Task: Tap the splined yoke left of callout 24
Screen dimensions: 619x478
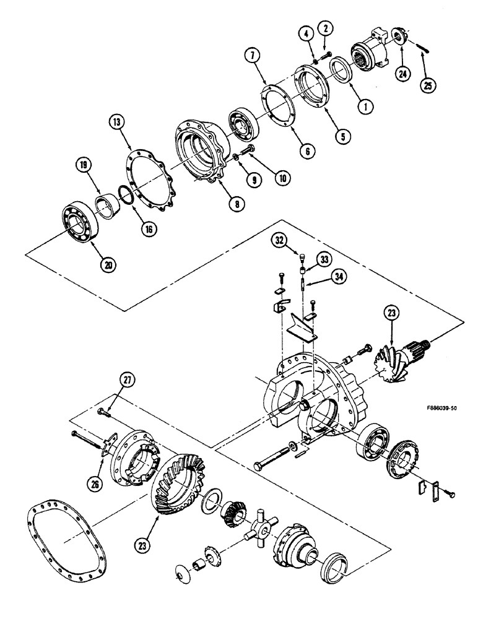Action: pyautogui.click(x=370, y=47)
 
